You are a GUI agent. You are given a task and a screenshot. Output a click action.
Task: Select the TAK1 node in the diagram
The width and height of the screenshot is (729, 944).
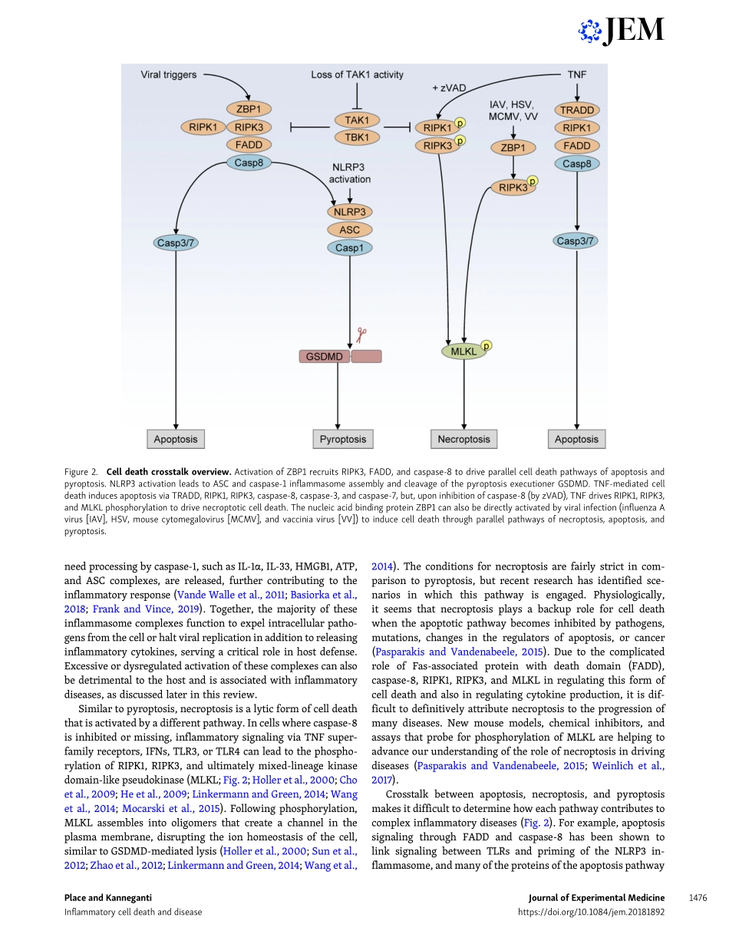[x=356, y=120]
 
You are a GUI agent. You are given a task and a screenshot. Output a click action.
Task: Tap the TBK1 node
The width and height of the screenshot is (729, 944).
[x=356, y=137]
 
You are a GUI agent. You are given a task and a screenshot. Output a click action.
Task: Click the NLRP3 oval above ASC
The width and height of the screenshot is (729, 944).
[x=350, y=212]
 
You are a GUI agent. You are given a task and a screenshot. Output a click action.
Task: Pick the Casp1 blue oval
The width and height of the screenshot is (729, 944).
[x=350, y=247]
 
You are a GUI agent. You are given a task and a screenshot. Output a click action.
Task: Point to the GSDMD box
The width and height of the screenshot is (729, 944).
[x=325, y=356]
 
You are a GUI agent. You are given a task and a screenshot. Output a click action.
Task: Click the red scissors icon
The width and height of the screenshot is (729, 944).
[x=361, y=335]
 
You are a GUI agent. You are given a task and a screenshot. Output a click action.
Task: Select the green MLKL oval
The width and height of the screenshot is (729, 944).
[x=463, y=352]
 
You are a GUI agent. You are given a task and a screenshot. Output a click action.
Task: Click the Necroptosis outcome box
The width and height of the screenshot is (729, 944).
[x=463, y=439]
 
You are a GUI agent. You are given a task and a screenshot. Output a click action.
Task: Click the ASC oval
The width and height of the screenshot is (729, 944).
[x=350, y=229]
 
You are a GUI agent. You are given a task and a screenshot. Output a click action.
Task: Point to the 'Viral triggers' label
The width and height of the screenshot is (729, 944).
[x=169, y=75]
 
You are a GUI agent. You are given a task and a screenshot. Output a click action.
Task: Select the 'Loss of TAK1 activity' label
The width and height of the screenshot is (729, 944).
[x=357, y=75]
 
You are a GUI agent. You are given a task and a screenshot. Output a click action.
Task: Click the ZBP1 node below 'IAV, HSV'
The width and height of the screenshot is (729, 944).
[x=513, y=147]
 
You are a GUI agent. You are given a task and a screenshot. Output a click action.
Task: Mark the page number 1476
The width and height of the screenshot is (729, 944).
[x=697, y=897]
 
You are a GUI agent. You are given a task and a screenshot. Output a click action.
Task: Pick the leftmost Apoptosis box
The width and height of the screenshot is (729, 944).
[x=176, y=439]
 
